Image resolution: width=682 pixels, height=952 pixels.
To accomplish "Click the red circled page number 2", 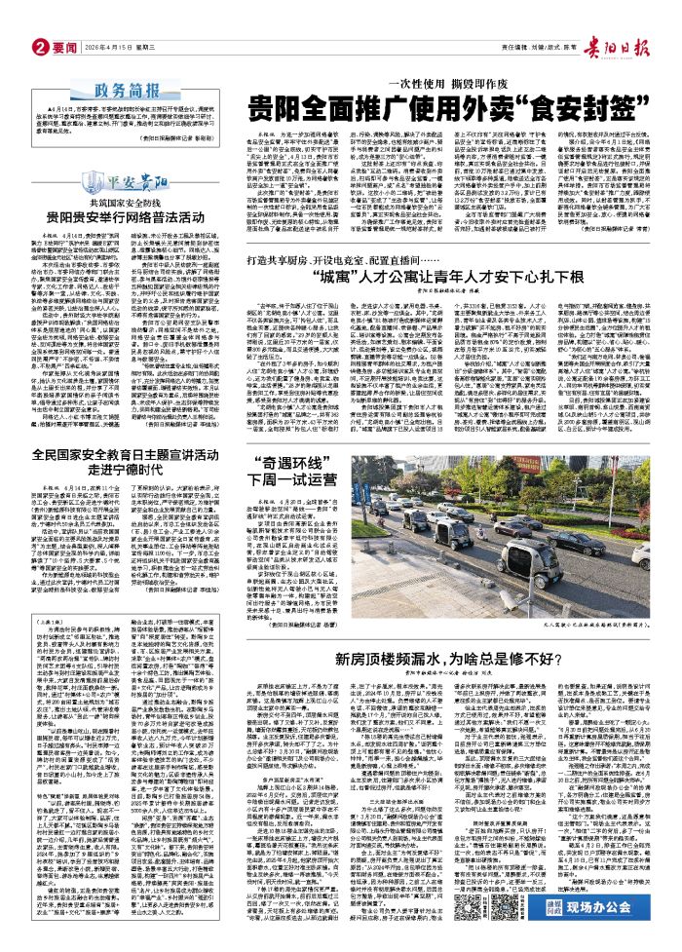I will (x=14, y=18).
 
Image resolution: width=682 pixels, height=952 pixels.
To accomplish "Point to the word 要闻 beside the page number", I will (x=38, y=18).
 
